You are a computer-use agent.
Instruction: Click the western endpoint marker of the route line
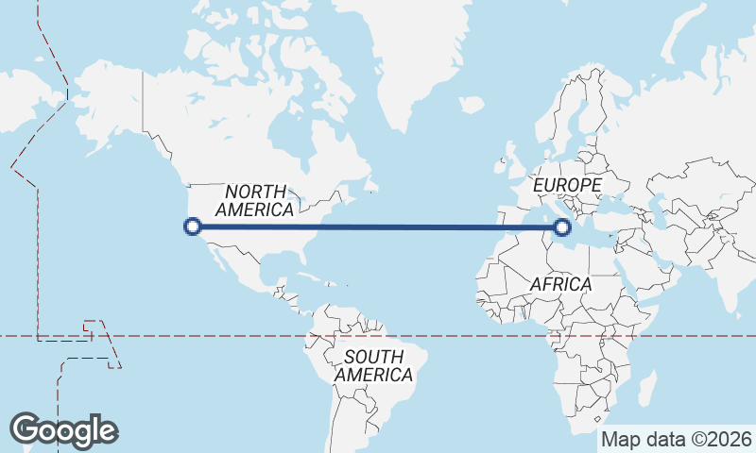click(193, 226)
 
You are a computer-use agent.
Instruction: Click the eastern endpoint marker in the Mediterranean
click(563, 226)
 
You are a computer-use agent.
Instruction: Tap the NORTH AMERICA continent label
click(255, 200)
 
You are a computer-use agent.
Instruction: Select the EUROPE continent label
click(567, 185)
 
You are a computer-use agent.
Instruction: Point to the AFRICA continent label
click(560, 284)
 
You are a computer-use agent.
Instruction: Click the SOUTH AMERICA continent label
click(373, 365)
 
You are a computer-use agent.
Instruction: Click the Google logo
click(63, 430)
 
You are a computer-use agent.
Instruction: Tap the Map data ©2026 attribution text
click(677, 440)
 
